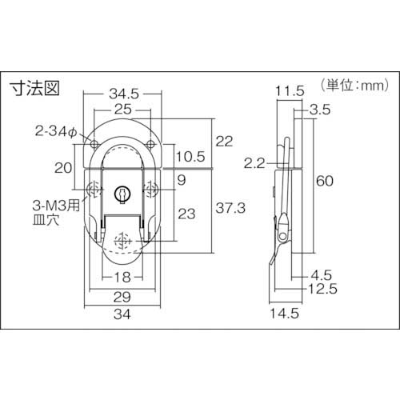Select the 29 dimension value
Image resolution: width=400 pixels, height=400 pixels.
(122, 297)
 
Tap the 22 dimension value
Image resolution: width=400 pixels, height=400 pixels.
(225, 141)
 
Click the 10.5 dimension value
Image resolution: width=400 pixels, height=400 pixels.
(189, 155)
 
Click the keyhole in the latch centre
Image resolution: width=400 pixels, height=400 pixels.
(122, 193)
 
